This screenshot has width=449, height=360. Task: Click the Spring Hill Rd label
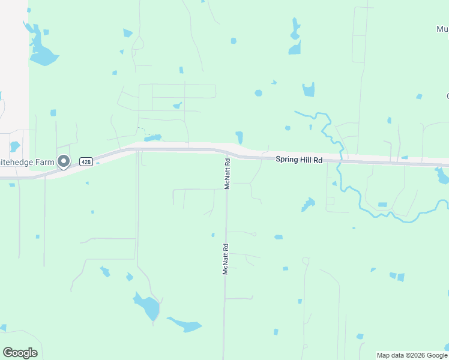299,160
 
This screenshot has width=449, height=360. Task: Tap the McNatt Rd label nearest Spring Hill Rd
228,174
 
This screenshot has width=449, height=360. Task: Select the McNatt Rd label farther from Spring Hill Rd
226,259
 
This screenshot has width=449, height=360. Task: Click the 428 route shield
86,162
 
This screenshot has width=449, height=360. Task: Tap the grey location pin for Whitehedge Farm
64,161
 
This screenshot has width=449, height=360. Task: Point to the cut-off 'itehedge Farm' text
28,161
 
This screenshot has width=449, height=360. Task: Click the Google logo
20,353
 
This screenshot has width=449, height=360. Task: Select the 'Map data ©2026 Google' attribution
412,355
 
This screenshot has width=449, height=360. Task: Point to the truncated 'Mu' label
442,29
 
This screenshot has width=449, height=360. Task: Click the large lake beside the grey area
41,51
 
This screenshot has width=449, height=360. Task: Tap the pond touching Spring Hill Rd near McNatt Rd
240,137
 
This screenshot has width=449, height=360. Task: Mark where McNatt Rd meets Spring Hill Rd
228,152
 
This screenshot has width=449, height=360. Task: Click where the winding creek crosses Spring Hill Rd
340,161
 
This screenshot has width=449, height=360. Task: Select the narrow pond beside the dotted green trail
152,138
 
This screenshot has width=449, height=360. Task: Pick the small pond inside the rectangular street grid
177,106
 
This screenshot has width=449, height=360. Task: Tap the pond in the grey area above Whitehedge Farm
15,146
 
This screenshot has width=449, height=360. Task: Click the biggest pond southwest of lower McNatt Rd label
148,307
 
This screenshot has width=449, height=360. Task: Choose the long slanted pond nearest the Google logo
185,325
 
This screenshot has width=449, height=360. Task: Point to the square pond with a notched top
308,90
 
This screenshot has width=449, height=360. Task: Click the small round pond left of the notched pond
258,93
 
